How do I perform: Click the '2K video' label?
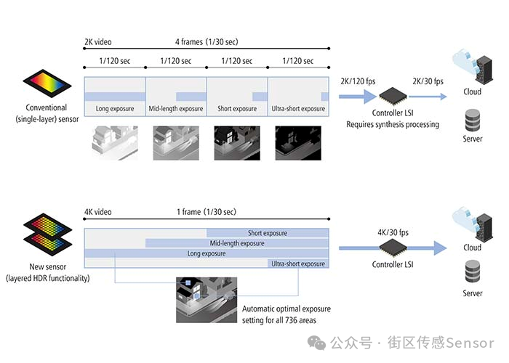(98, 42)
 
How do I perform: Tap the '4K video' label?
(98, 212)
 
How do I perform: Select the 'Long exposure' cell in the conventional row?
(115, 109)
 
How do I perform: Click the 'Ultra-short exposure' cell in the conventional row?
(298, 109)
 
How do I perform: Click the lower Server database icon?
(472, 274)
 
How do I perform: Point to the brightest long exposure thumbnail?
(115, 142)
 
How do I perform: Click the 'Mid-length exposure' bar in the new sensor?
(237, 243)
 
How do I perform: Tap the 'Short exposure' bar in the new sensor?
(268, 233)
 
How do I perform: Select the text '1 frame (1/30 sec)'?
(207, 212)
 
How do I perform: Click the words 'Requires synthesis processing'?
(393, 125)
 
